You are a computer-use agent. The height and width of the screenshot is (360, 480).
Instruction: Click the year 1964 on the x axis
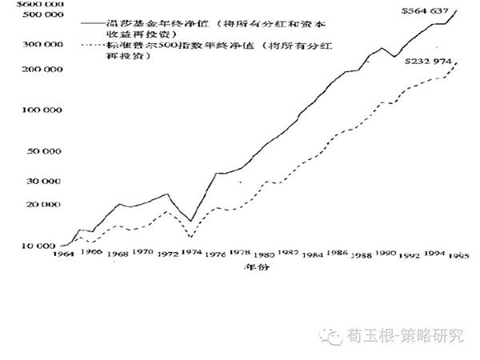pyautogui.click(x=62, y=254)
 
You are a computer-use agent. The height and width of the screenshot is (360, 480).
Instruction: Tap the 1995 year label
pyautogui.click(x=457, y=256)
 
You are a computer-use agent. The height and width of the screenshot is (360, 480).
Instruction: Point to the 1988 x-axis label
pyautogui.click(x=363, y=254)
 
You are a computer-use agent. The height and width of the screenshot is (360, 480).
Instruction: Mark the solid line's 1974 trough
pyautogui.click(x=190, y=222)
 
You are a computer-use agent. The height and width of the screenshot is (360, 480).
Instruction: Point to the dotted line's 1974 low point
pyautogui.click(x=190, y=237)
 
